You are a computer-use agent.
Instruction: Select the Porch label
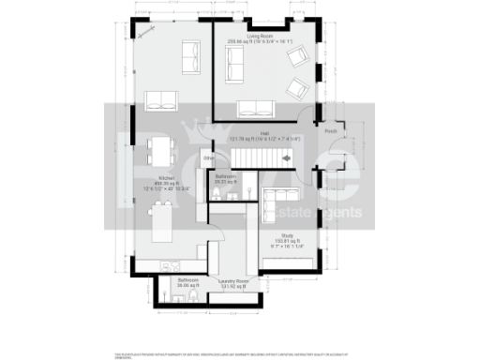coord(330,131)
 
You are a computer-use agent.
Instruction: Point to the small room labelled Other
coord(209,157)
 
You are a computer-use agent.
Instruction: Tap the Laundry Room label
coord(233,280)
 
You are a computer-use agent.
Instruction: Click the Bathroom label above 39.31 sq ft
coord(225,175)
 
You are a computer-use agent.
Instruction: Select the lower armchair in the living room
coord(298,89)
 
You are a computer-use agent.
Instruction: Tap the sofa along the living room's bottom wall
coord(253,107)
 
